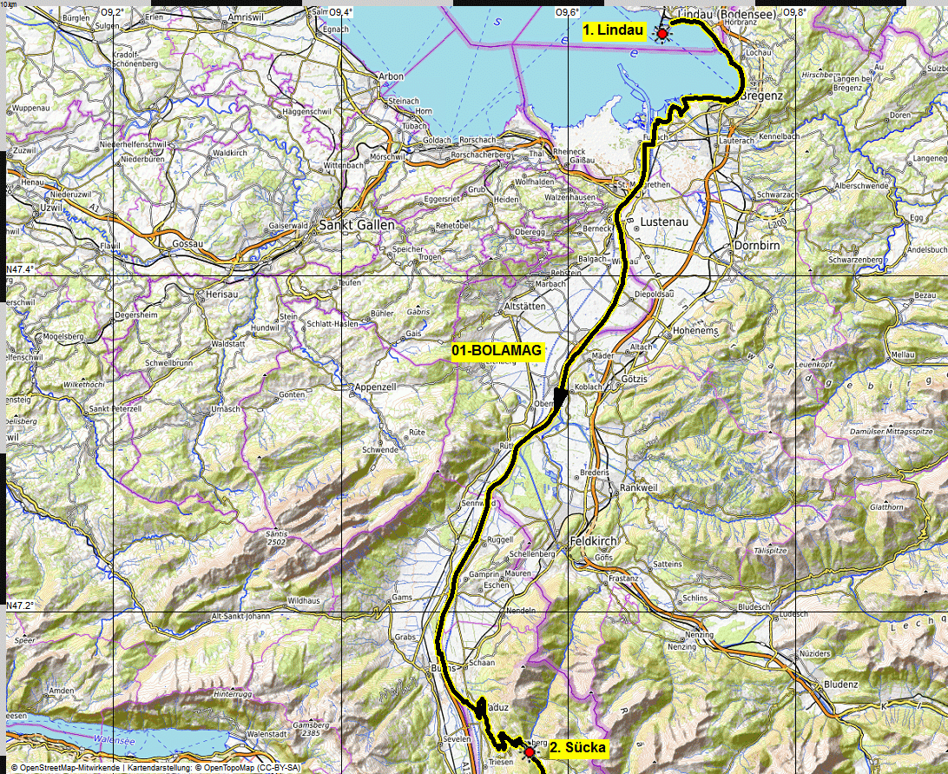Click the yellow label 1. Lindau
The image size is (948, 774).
coord(613,31)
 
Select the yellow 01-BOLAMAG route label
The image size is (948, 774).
coord(497,350)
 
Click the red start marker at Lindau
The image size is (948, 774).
coord(662,34)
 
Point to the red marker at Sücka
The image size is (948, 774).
coord(530,752)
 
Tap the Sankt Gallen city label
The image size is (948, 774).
coord(357,225)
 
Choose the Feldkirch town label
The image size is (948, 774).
coord(593,540)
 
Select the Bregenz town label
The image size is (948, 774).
coord(763,95)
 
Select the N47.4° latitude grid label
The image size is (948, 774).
coord(20,270)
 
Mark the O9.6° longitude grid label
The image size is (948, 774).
coord(566,12)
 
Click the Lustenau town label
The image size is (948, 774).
coord(664,222)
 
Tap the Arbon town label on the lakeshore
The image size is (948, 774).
coord(391,76)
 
